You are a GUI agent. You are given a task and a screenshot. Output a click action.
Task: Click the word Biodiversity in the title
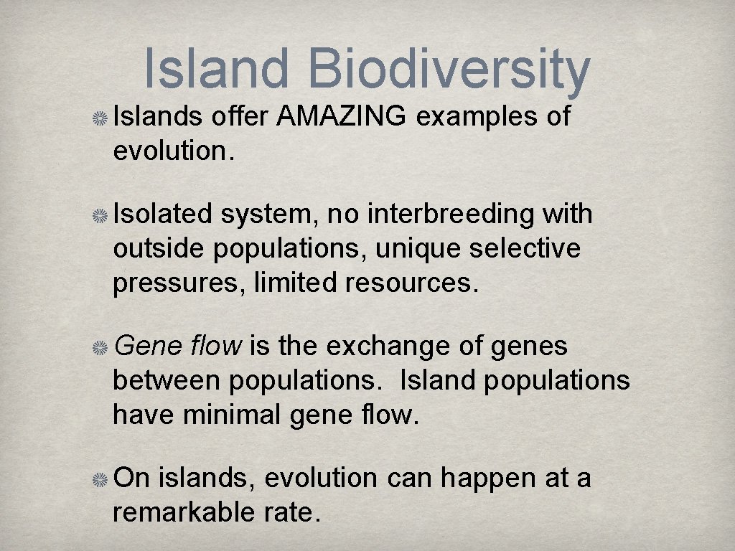(x=449, y=70)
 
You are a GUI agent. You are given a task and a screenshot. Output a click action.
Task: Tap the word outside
(x=161, y=248)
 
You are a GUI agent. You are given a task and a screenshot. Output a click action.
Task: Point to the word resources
(x=411, y=283)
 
